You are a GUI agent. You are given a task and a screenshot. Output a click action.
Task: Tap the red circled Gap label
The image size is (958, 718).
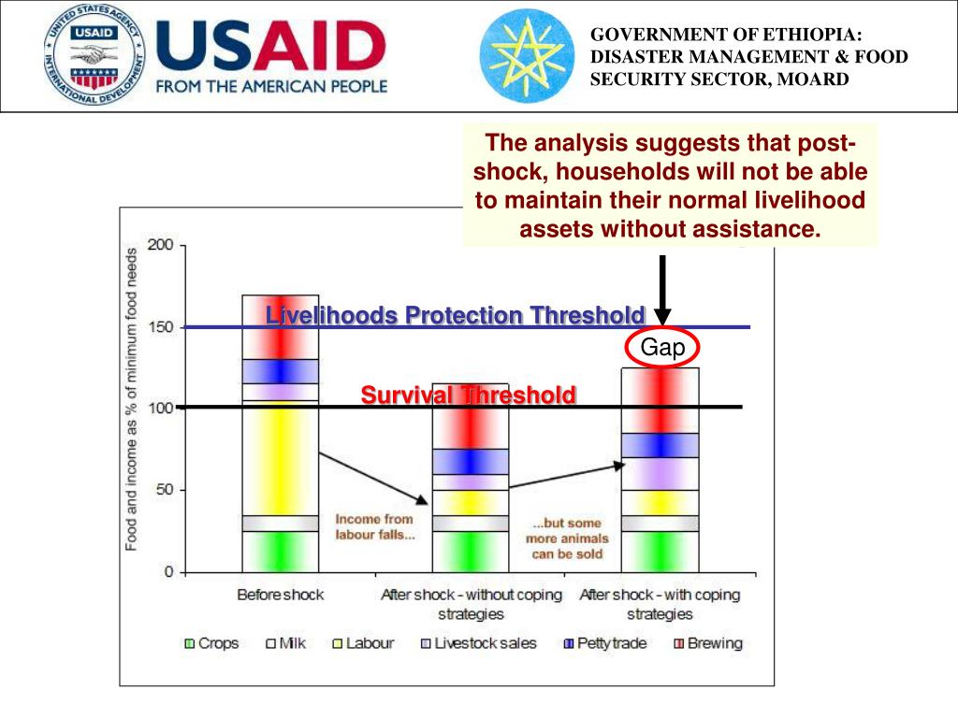662,349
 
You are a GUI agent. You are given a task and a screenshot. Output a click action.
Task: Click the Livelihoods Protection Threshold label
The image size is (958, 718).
456,315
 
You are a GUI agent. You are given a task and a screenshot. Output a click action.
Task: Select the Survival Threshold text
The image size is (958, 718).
468,395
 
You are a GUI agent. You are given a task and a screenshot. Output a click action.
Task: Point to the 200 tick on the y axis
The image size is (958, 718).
161,246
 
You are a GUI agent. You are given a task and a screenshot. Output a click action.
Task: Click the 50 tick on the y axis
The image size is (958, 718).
165,490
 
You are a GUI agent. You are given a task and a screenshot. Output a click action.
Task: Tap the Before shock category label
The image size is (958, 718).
280,595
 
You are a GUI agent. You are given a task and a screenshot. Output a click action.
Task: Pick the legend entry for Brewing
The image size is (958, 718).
708,643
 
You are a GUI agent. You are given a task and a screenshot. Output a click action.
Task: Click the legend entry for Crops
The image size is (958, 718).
212,643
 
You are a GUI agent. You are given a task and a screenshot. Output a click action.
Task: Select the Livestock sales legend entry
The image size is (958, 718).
479,643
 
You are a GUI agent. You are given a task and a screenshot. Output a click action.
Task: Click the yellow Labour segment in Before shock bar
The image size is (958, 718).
280,458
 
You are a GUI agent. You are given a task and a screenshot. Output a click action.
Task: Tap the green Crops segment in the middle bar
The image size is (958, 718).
470,552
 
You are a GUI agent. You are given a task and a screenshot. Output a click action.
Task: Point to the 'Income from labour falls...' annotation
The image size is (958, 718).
375,526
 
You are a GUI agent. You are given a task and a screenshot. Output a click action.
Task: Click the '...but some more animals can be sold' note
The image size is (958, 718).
567,538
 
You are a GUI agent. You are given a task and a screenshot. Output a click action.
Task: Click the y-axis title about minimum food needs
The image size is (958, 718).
132,397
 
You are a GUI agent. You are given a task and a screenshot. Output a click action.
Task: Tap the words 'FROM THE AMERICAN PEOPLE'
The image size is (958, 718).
271,86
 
